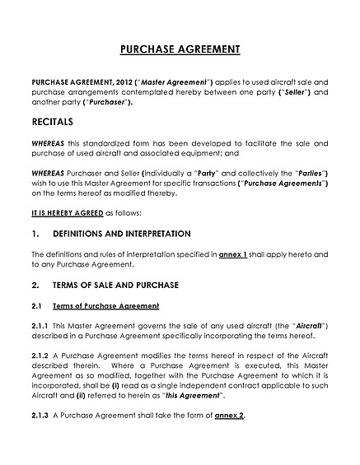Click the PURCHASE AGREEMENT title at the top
point(180,49)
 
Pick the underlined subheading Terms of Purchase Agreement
point(106,305)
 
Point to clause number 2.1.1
point(40,326)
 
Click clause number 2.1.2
point(40,356)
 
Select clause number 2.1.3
point(40,416)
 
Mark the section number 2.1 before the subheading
point(36,305)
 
